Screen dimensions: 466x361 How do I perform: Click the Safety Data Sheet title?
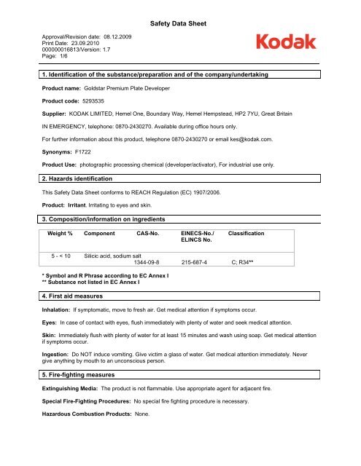point(180,24)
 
